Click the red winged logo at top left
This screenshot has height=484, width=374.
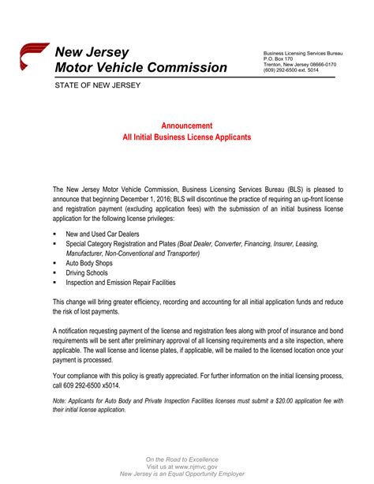pos(32,58)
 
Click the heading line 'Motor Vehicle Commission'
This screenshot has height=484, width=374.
pos(140,68)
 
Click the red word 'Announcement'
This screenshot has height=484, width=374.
pos(186,126)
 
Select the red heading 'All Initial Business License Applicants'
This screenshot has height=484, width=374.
pos(186,137)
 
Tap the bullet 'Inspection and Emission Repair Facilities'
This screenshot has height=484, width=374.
pos(120,282)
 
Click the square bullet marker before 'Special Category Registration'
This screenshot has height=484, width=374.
pos(55,245)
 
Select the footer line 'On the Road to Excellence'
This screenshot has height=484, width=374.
pos(186,460)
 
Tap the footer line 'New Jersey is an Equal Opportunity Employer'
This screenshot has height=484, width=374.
pos(186,474)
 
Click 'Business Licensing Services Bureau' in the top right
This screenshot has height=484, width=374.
pos(302,53)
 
